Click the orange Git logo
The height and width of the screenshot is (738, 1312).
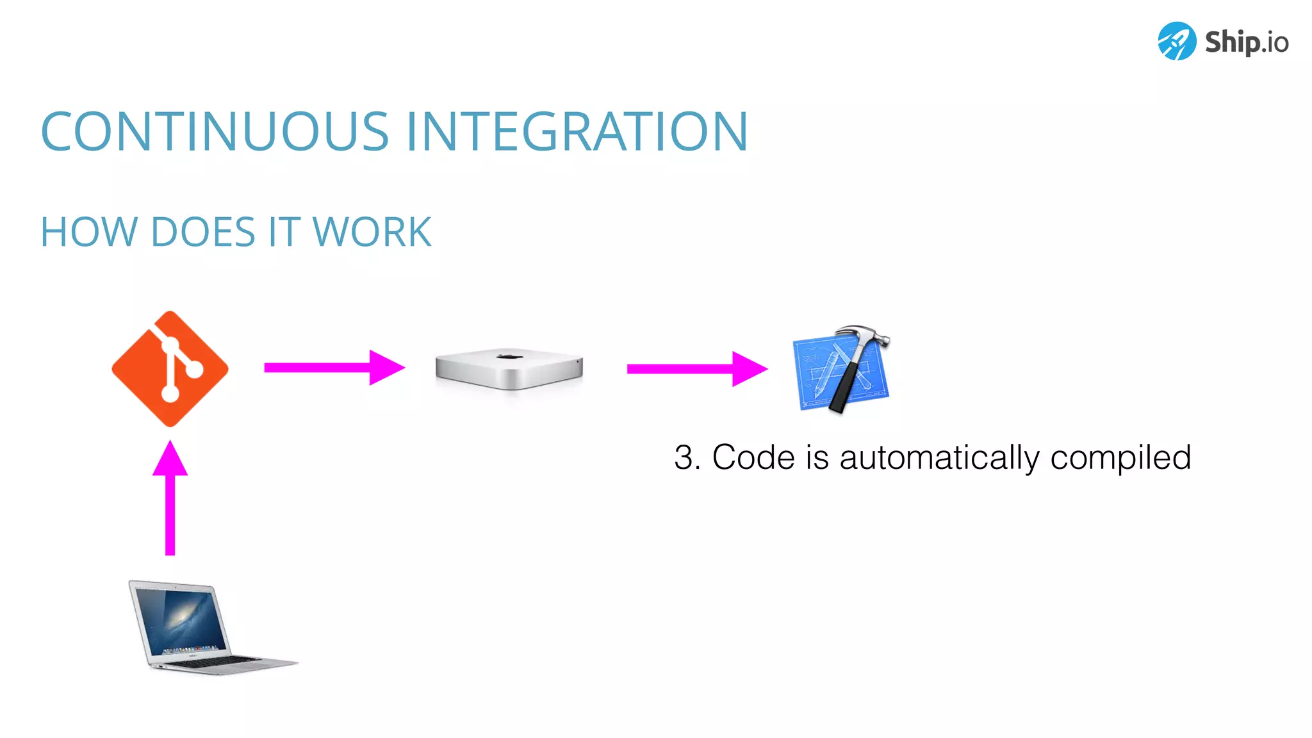click(170, 369)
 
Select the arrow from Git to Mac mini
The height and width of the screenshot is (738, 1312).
click(334, 368)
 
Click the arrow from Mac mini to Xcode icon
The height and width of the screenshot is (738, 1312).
click(696, 368)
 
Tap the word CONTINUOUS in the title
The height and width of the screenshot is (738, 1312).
click(215, 132)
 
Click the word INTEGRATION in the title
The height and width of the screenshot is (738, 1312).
click(577, 132)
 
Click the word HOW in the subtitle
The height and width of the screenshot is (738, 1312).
click(88, 232)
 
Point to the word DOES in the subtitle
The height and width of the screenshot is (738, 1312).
click(203, 232)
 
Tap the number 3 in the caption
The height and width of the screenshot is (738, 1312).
click(684, 458)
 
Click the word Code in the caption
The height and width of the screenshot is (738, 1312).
click(753, 458)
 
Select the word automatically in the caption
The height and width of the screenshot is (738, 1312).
click(939, 458)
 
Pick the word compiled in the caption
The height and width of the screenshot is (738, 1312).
click(1120, 458)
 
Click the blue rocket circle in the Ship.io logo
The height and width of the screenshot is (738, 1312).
click(1177, 41)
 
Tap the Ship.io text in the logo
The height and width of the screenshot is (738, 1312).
click(1246, 42)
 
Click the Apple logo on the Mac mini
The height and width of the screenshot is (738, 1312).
click(509, 355)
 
